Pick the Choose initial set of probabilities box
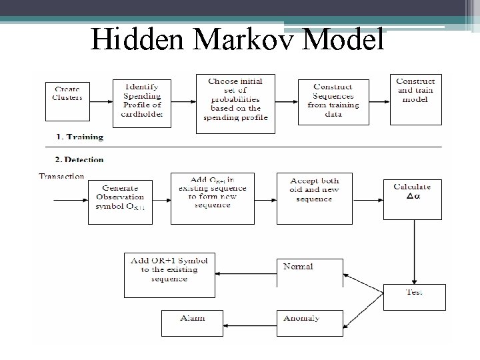[x=235, y=102]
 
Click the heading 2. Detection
[x=79, y=160]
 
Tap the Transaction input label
[x=62, y=177]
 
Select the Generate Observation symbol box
[x=120, y=197]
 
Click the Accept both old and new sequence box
[x=315, y=198]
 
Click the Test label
[x=414, y=292]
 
